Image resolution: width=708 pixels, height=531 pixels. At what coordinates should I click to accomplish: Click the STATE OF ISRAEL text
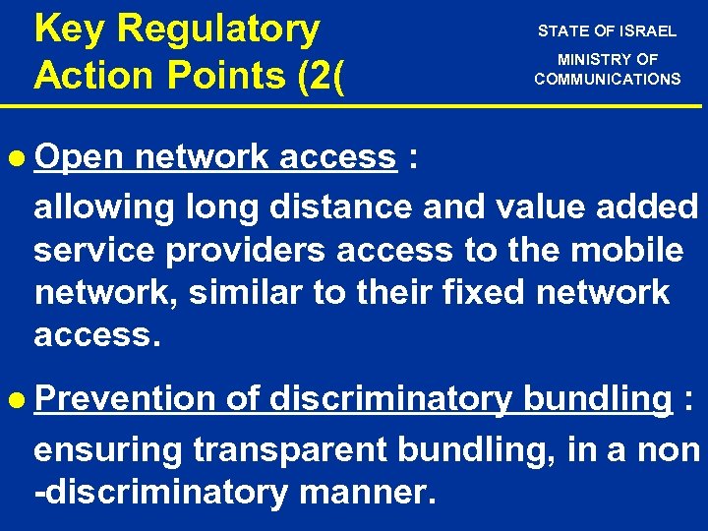coord(607,30)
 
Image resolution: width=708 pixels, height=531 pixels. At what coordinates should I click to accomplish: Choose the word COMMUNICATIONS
coord(607,79)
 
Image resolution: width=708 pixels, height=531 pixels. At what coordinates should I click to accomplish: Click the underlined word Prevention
coord(124,399)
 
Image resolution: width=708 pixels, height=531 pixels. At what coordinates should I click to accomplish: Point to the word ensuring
coord(108,450)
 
